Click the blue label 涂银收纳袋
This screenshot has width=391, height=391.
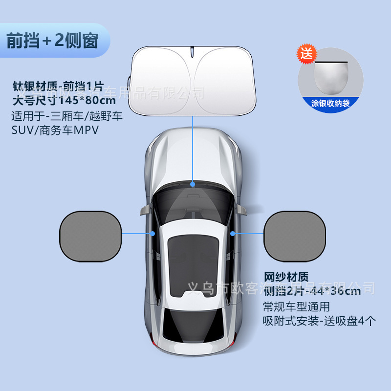(331, 103)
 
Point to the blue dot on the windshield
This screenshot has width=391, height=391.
(193, 185)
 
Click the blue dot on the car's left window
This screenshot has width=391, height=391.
(153, 234)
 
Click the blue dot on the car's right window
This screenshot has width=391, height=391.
(233, 234)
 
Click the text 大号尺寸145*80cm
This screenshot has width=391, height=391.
(64, 102)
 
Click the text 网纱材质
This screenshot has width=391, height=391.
(286, 278)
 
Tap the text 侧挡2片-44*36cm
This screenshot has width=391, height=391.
(312, 292)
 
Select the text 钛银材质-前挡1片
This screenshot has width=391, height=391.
(58, 87)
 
